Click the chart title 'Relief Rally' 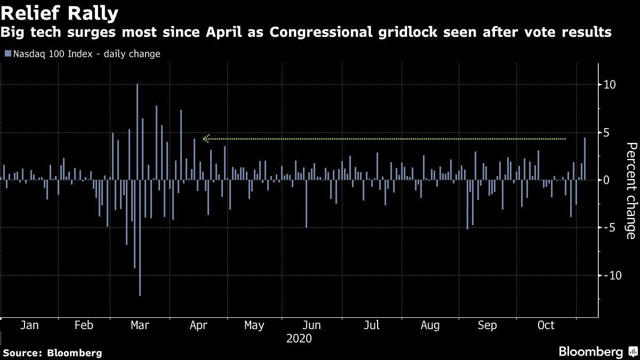click(x=60, y=12)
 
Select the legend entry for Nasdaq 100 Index click(x=83, y=54)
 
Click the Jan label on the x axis click(x=29, y=325)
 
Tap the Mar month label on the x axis click(x=140, y=325)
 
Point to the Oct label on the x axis click(x=546, y=325)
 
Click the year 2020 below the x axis click(x=299, y=338)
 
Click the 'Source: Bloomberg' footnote click(x=52, y=353)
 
